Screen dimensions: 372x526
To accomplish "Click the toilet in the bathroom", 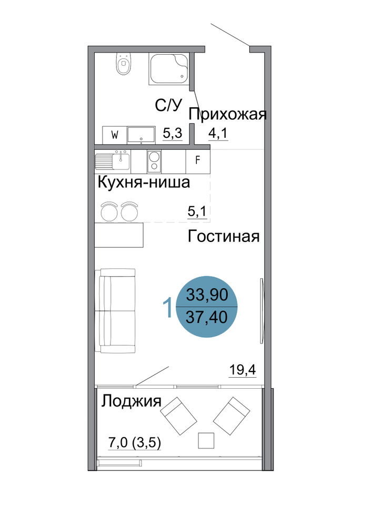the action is click(x=123, y=64).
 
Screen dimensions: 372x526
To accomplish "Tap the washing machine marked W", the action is click(x=115, y=135).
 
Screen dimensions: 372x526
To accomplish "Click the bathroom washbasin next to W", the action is click(x=141, y=135).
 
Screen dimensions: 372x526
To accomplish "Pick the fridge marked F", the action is click(x=198, y=160).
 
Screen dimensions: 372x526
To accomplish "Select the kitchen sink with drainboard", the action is click(x=113, y=160).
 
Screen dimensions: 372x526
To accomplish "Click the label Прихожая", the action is click(x=227, y=114).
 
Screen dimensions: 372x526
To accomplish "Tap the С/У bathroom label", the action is click(x=168, y=105).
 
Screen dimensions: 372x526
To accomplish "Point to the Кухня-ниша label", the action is click(x=144, y=183).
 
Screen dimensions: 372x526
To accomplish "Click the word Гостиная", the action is click(x=224, y=236).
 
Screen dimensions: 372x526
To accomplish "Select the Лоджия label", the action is click(x=132, y=401).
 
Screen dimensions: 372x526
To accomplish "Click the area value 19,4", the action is click(x=243, y=370).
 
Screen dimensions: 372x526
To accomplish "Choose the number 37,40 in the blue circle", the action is click(x=207, y=317).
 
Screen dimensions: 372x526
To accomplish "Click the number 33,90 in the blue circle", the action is click(x=207, y=295).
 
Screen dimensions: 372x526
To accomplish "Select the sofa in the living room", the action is click(x=115, y=311).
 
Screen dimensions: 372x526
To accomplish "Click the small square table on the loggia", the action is click(x=206, y=440).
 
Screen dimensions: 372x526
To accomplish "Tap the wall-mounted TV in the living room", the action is click(x=262, y=311).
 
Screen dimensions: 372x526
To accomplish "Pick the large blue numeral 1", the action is click(x=167, y=308).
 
